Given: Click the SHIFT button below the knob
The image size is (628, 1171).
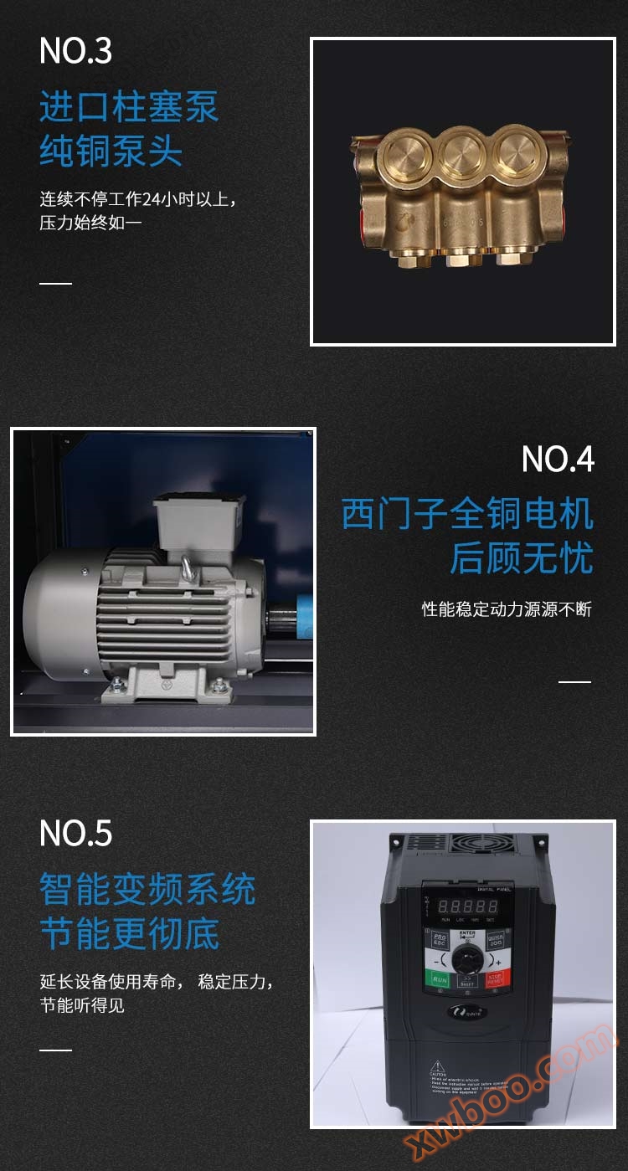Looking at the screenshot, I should tap(467, 981).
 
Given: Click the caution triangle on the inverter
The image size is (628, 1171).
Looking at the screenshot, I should tap(437, 1067).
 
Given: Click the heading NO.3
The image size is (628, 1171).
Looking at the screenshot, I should tap(75, 51).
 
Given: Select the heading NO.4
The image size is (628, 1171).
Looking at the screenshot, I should tap(558, 459).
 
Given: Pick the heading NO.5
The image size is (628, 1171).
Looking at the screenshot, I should tap(75, 833).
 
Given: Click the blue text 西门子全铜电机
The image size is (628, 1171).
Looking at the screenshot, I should tap(467, 514).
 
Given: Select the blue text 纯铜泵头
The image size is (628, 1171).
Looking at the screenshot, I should tap(111, 152).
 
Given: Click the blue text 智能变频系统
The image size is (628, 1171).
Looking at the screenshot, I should tap(147, 890).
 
